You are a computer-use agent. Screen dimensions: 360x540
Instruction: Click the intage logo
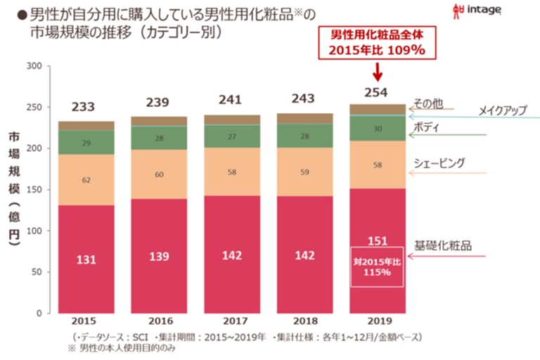(x=486, y=11)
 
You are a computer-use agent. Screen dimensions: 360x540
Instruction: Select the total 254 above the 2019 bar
(x=377, y=92)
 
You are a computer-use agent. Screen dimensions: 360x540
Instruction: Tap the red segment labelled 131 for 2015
(x=86, y=259)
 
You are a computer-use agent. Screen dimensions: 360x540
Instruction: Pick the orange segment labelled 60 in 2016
(x=159, y=174)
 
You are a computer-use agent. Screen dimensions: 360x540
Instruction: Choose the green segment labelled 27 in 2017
(x=231, y=136)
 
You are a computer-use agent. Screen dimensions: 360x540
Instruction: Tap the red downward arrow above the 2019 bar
(x=378, y=72)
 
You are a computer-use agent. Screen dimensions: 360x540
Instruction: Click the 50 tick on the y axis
(x=37, y=271)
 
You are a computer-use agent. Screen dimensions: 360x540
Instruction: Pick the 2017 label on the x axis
(x=231, y=322)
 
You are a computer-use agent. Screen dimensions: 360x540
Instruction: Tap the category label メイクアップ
(x=502, y=110)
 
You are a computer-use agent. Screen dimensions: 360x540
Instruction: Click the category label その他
(x=428, y=103)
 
